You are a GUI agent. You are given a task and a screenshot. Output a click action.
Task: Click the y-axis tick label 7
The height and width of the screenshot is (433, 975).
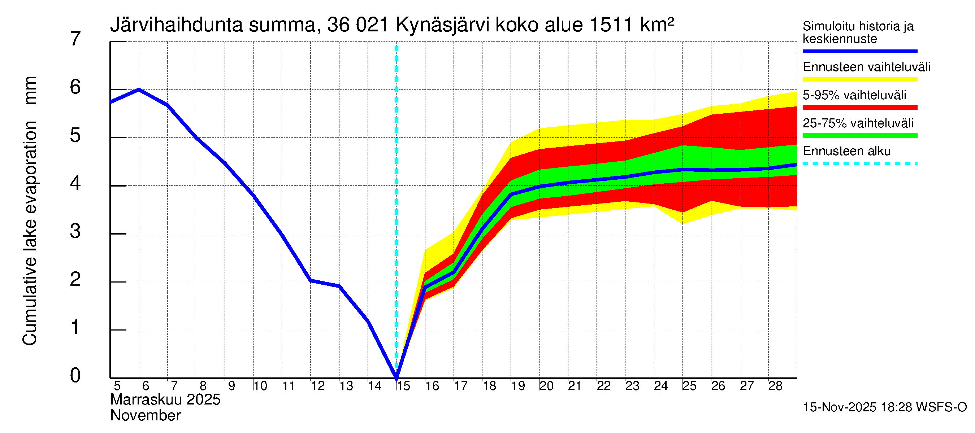(75, 39)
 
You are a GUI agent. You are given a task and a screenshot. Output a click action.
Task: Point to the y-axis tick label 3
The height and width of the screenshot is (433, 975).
(75, 231)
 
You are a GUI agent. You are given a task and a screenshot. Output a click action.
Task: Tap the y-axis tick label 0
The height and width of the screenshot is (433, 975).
(75, 376)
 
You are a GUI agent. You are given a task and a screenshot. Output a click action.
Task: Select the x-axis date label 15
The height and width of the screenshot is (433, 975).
(403, 386)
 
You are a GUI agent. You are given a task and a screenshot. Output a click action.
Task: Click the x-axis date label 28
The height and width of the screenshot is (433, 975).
(775, 386)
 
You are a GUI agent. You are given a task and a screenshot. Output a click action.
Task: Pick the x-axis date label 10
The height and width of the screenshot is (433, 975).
(260, 386)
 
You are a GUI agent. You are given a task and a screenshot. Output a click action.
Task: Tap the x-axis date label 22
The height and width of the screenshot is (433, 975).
(603, 386)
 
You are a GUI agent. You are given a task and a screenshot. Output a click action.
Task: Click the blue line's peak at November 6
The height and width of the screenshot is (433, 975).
(139, 89)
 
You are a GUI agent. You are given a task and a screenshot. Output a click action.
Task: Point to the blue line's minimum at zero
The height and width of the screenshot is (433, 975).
(396, 377)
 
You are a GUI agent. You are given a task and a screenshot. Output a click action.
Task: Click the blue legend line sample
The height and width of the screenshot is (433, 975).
(859, 51)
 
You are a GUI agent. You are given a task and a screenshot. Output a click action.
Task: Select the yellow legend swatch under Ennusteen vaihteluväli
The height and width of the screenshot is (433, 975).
(859, 79)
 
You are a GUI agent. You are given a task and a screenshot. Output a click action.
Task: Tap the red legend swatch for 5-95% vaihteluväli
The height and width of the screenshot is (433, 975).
(859, 108)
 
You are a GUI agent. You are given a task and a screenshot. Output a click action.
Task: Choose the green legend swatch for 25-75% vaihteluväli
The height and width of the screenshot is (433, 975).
(859, 135)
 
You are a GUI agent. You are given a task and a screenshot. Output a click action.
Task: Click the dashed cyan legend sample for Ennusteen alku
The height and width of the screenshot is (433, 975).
(859, 163)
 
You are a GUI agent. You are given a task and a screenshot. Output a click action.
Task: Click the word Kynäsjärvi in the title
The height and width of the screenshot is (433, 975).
(442, 25)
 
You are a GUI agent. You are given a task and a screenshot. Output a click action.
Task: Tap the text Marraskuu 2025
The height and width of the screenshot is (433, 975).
(165, 400)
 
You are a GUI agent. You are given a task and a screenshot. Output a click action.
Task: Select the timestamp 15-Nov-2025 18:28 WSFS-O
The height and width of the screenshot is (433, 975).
(884, 407)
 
